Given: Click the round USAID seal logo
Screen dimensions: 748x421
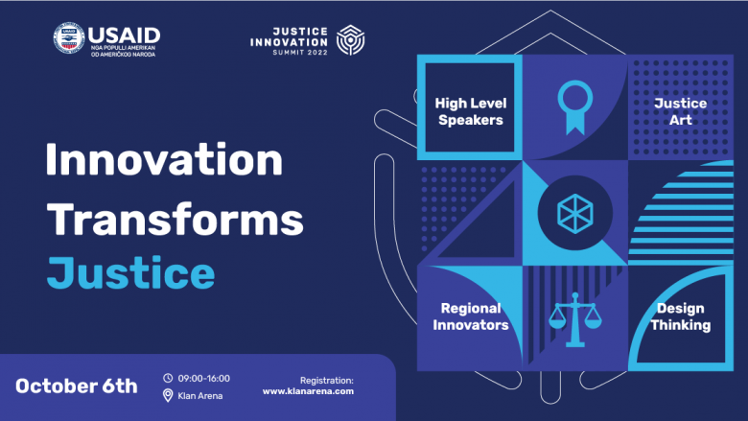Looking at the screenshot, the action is pyautogui.click(x=69, y=37).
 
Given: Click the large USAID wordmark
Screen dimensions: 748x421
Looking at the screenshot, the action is pyautogui.click(x=124, y=35).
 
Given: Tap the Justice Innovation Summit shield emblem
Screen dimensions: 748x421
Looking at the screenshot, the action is pyautogui.click(x=351, y=40).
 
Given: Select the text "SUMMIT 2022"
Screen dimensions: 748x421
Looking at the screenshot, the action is pyautogui.click(x=300, y=53).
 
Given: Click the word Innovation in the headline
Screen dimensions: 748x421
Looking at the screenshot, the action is pyautogui.click(x=164, y=159).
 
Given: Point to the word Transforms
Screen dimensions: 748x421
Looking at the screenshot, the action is pyautogui.click(x=175, y=219).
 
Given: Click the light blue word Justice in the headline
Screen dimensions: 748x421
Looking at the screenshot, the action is pyautogui.click(x=130, y=272).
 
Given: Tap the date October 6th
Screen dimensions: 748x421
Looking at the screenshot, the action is pyautogui.click(x=77, y=386).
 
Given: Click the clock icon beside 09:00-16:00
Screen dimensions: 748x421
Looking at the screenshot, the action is pyautogui.click(x=168, y=378).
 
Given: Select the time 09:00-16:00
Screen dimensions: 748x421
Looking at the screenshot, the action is pyautogui.click(x=203, y=379).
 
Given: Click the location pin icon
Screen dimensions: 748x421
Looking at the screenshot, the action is pyautogui.click(x=168, y=395).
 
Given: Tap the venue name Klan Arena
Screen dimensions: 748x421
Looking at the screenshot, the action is pyautogui.click(x=199, y=396).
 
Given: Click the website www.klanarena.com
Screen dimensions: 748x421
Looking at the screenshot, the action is pyautogui.click(x=308, y=391).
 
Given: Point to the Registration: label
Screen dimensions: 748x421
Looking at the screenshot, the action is pyautogui.click(x=327, y=381).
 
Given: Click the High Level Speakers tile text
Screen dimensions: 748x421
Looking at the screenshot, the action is pyautogui.click(x=471, y=111).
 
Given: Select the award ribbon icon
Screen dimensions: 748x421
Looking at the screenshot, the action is pyautogui.click(x=575, y=106).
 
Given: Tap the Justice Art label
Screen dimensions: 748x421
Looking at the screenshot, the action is pyautogui.click(x=680, y=111).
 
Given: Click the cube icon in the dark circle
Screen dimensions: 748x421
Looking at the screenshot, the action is pyautogui.click(x=575, y=213).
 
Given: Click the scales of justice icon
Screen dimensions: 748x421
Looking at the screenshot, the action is pyautogui.click(x=575, y=319).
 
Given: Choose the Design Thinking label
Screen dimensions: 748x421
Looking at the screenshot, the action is pyautogui.click(x=681, y=316).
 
